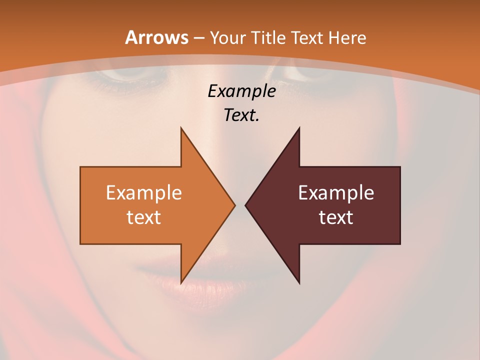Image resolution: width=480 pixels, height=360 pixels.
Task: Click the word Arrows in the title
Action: coord(157,37)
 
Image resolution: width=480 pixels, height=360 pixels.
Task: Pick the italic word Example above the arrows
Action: coord(242,91)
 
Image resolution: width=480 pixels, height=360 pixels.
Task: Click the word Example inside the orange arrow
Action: coord(144,192)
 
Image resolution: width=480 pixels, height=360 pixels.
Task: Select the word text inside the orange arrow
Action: coord(144,217)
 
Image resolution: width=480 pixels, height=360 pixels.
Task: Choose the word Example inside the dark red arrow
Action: coord(336,192)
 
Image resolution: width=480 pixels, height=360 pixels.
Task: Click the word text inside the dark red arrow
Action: coord(336,217)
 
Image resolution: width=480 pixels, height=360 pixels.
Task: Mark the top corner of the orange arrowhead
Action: coord(181,128)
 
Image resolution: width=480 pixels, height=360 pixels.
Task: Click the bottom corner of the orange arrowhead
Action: coord(181,282)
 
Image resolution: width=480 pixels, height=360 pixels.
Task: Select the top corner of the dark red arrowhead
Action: coord(299,128)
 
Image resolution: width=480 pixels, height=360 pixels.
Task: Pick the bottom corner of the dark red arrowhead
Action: coord(299,282)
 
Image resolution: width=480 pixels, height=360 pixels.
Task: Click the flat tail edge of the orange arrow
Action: coord(81,205)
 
